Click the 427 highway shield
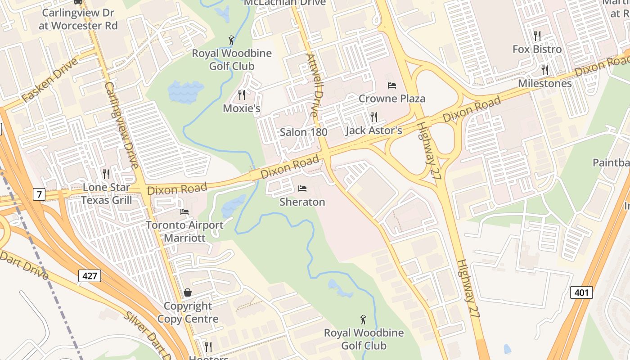pos(90,275)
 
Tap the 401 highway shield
pos(581,292)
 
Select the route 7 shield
pos(39,194)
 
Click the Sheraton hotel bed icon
pos(302,189)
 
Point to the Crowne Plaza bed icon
pos(392,85)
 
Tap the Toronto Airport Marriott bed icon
pos(184,211)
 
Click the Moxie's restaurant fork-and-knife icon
pos(242,95)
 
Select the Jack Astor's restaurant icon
pos(373,117)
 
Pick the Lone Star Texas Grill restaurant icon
pos(106,174)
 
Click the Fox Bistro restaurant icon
pos(537,36)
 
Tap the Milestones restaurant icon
pos(544,70)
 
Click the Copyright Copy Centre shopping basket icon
pos(188,292)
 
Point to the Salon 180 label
pos(303,132)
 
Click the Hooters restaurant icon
pos(208,346)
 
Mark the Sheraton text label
pos(302,202)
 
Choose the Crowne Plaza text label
pos(392,99)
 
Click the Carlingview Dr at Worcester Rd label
pos(78,19)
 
